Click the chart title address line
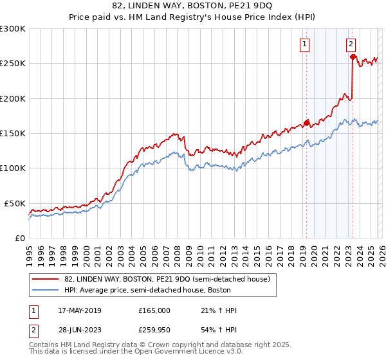point(192,5)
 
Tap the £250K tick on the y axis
point(13,64)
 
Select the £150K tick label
point(13,134)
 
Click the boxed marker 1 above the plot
point(304,44)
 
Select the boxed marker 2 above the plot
point(351,44)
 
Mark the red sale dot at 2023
point(353,57)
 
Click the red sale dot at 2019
point(306,122)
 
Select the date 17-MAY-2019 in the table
point(78,310)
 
